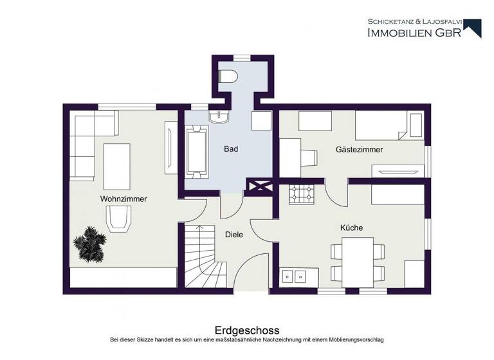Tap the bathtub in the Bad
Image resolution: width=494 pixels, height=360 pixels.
(197, 151)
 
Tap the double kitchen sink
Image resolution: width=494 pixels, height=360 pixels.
(295, 276)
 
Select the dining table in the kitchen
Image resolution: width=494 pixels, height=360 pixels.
(358, 260)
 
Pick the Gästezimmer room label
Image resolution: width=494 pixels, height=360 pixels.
(359, 150)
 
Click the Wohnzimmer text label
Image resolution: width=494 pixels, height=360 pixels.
(123, 199)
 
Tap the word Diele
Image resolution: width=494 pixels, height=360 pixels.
(234, 235)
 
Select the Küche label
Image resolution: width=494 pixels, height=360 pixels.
(351, 228)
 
